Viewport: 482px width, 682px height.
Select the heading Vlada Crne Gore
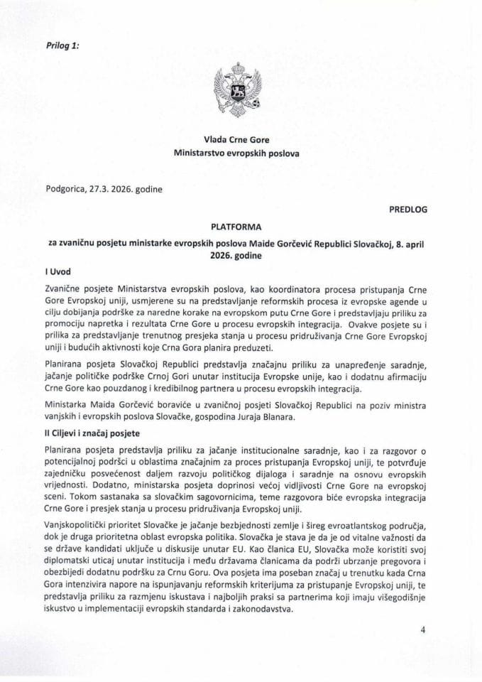click(241, 139)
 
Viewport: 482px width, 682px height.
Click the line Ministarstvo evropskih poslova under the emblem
click(241, 153)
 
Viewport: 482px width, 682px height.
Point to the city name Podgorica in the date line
click(67, 190)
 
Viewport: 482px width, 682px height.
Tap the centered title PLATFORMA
click(241, 228)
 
